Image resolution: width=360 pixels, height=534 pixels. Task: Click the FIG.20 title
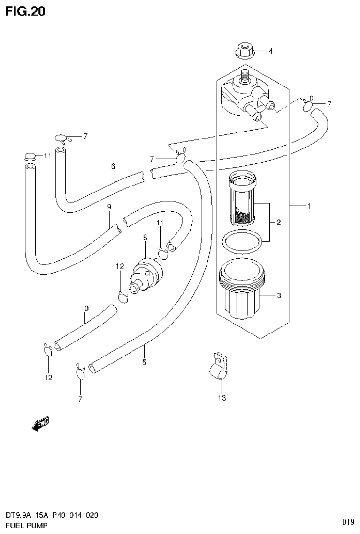click(x=25, y=12)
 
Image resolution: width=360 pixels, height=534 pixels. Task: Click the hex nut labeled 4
click(x=243, y=51)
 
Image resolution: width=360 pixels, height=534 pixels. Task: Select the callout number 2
click(x=278, y=222)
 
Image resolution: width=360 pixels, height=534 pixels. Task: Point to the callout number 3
click(x=279, y=295)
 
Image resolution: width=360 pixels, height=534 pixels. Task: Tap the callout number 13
click(x=222, y=398)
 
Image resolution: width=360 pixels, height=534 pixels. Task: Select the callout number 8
click(x=145, y=239)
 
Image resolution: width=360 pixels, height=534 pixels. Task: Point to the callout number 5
click(x=144, y=362)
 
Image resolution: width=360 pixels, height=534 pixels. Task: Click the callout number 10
click(x=84, y=309)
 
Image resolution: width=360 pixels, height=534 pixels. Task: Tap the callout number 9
click(x=109, y=206)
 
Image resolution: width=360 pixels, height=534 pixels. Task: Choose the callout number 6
click(x=113, y=166)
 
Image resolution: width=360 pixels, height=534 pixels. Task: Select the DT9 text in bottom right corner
click(x=347, y=522)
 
